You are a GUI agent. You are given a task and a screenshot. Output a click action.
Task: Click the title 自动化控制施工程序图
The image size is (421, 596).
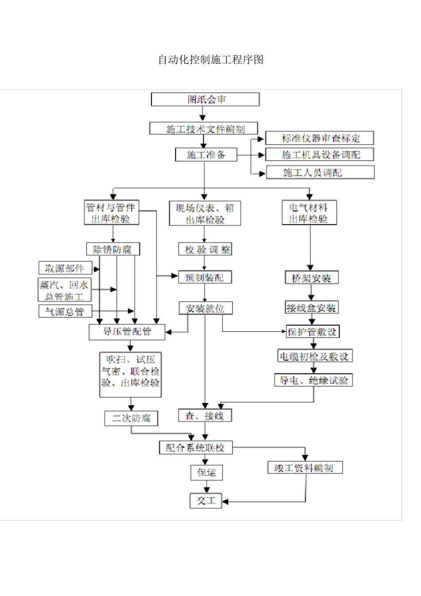point(210,60)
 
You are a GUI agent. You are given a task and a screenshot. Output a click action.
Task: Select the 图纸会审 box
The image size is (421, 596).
point(205,99)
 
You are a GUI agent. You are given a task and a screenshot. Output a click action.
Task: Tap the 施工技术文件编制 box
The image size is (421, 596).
point(203,129)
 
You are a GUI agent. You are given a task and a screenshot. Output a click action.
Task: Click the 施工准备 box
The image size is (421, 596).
point(206,154)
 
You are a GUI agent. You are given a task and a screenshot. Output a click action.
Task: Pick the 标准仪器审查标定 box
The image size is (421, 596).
point(320,138)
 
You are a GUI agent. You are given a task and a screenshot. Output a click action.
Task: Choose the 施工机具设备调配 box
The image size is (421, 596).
point(320,154)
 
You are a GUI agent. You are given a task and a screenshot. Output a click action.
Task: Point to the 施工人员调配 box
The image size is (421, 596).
point(320,172)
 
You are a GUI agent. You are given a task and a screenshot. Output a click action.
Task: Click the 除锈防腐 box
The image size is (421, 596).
point(113,249)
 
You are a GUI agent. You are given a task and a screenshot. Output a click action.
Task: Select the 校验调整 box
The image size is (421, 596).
point(205,249)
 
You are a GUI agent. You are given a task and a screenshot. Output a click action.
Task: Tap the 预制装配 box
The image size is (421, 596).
point(205,278)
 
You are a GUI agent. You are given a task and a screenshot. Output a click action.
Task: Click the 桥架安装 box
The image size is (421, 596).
point(312,278)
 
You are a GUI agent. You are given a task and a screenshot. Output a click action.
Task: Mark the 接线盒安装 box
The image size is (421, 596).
point(312,308)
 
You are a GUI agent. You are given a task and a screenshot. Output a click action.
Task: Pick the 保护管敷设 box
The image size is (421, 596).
point(312,332)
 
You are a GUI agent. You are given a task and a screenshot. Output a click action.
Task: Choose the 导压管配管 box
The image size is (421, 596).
point(127,332)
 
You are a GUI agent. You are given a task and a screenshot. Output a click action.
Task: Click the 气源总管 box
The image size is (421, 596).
point(65,311)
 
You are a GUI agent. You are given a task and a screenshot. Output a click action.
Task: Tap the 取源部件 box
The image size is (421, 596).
point(65,268)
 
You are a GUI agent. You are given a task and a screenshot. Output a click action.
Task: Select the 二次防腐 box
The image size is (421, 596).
point(131,418)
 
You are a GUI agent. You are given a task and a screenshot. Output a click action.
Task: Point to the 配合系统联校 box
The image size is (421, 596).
point(196,447)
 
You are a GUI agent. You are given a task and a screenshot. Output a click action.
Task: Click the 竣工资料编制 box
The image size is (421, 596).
point(305,467)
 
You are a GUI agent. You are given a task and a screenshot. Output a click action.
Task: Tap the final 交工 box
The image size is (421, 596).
point(206,501)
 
